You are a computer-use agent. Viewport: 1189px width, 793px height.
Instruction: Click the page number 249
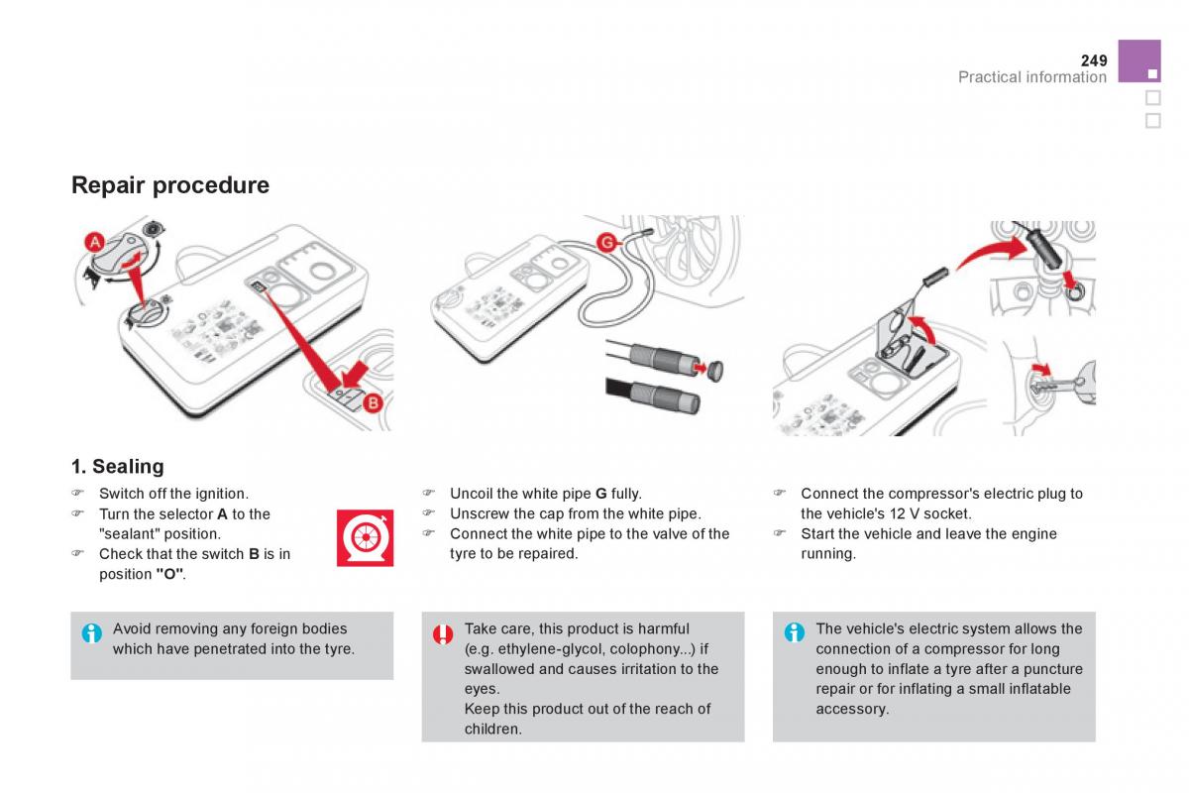click(1094, 60)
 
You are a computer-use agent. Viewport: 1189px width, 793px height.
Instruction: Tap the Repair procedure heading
click(170, 185)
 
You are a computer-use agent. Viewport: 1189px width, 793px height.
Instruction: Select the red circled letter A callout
click(95, 243)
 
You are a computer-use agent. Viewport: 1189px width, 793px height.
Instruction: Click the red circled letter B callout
click(374, 403)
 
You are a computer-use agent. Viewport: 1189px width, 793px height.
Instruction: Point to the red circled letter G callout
click(606, 243)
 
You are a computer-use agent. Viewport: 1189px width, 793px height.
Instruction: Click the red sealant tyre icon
click(366, 537)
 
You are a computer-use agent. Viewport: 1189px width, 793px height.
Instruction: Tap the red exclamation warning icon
click(443, 634)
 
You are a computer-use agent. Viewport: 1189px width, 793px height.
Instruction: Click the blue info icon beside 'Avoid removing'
click(92, 633)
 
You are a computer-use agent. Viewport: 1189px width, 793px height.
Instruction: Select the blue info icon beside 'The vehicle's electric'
click(794, 632)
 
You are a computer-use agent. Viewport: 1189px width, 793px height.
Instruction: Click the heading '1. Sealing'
click(118, 466)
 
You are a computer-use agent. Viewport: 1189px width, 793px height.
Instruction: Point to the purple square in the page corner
click(1139, 61)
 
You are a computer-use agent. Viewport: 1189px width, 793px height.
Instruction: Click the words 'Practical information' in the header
click(1032, 77)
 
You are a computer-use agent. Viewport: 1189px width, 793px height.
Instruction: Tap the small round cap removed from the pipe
click(715, 371)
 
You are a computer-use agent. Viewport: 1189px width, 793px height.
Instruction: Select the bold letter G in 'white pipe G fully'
click(600, 494)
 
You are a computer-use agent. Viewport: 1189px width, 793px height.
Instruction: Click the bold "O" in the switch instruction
click(169, 574)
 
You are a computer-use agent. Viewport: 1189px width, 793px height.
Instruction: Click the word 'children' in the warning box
click(491, 729)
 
